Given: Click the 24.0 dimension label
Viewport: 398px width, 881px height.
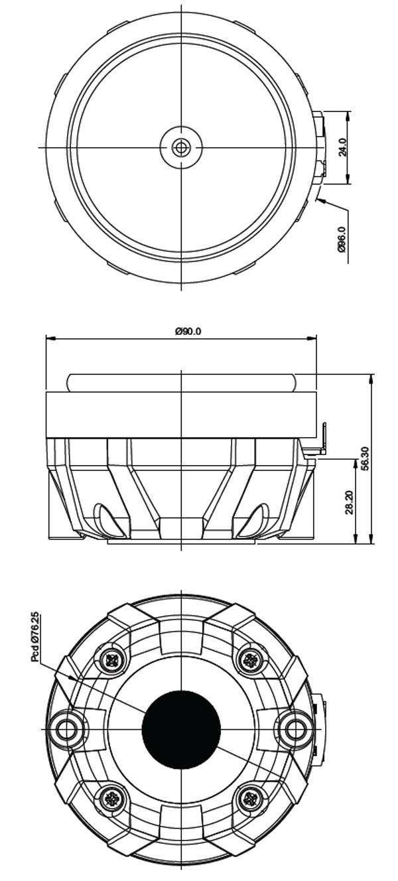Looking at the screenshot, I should (342, 147).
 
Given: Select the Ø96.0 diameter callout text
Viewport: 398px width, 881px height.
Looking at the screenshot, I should (342, 243).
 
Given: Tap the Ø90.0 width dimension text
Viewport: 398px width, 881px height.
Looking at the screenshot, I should (188, 331).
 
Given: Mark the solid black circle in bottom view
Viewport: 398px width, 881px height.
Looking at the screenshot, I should (181, 729).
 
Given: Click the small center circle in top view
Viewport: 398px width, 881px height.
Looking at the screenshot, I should (181, 147).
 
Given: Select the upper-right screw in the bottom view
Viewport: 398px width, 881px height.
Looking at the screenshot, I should (250, 659).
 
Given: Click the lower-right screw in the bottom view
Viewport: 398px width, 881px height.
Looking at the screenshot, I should (250, 798).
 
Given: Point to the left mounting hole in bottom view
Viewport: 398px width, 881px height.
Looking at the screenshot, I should (66, 729).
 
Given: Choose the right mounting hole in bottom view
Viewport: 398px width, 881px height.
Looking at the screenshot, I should (295, 729).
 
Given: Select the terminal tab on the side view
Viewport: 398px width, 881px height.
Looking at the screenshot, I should (322, 439).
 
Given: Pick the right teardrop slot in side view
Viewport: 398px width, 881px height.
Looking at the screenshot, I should (255, 520).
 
